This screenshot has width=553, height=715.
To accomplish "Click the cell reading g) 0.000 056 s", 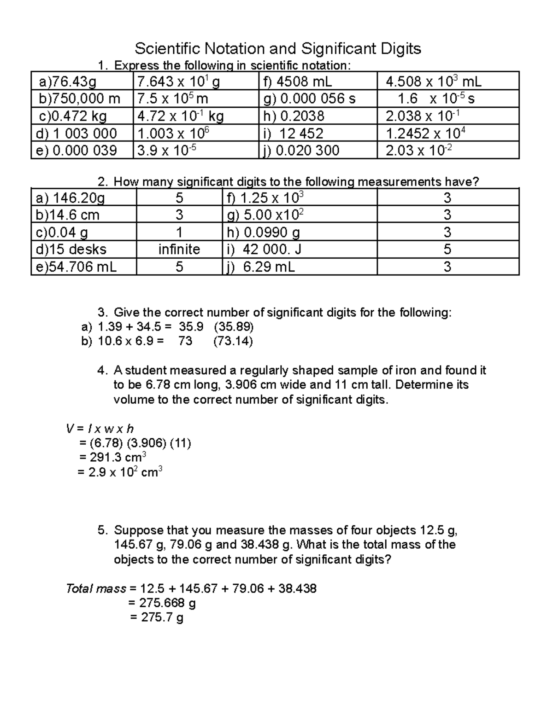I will (x=309, y=99).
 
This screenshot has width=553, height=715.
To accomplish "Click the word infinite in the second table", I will (x=179, y=250).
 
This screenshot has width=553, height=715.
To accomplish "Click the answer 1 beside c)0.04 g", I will (x=179, y=233).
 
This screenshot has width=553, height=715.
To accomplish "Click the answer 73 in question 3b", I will (x=185, y=342).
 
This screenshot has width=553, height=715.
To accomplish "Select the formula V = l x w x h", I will (x=100, y=429).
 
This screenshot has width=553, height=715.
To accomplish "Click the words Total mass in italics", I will (x=96, y=588).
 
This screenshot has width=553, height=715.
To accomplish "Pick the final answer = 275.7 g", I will (x=157, y=617).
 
